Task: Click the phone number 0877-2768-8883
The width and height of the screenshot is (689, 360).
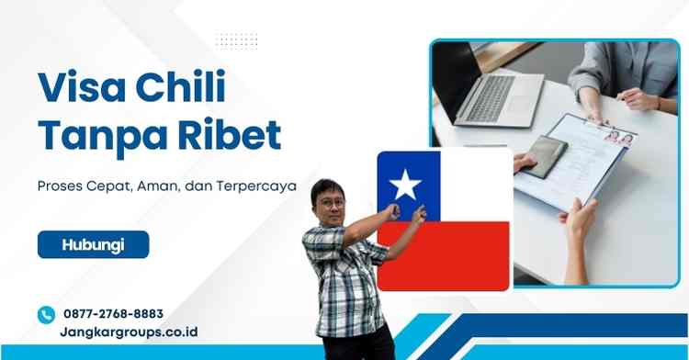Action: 114,313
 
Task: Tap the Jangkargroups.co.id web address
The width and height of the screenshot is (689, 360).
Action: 130,332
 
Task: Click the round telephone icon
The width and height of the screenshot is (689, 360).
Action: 46,314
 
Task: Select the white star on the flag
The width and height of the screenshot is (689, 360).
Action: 405,186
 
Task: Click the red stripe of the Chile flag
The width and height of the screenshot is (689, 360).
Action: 444,254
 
